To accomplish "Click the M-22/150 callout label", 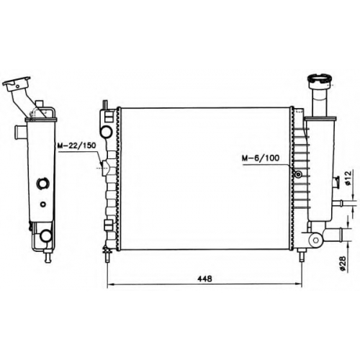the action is pyautogui.click(x=76, y=145).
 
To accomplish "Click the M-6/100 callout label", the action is pyautogui.click(x=261, y=158).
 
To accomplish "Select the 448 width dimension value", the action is pyautogui.click(x=204, y=279).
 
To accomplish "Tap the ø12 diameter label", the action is pyautogui.click(x=348, y=178).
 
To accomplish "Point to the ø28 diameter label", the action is pyautogui.click(x=343, y=264).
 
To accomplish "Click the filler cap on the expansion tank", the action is pyautogui.click(x=320, y=79).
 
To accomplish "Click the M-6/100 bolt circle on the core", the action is pyautogui.click(x=298, y=174).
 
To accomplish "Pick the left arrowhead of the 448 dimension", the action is pyautogui.click(x=110, y=285).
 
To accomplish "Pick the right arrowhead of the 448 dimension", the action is pyautogui.click(x=298, y=285).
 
